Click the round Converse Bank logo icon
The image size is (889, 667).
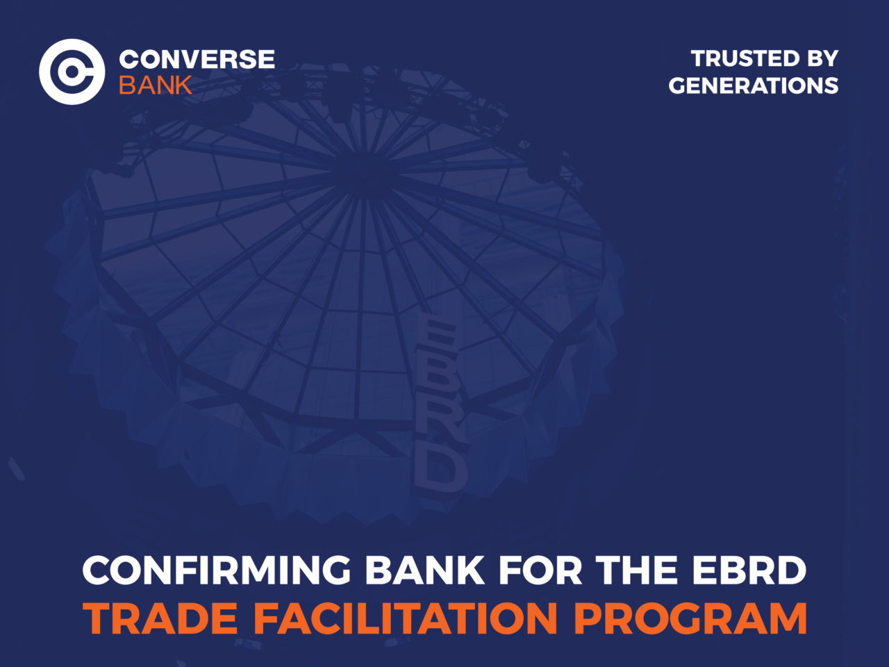[x=72, y=72]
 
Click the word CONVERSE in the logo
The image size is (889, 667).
[x=197, y=59]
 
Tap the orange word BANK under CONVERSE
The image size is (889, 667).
[x=155, y=85]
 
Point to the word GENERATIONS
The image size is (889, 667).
[x=754, y=85]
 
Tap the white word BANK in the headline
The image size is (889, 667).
[x=424, y=570]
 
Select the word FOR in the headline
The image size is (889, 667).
[x=540, y=570]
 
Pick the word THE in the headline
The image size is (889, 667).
[x=637, y=570]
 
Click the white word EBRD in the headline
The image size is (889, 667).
[x=749, y=570]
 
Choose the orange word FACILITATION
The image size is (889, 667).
[x=406, y=618]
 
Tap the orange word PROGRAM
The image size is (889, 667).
[x=690, y=618]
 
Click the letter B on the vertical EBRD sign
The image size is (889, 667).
[x=437, y=379]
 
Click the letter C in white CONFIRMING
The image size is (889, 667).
[x=99, y=570]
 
